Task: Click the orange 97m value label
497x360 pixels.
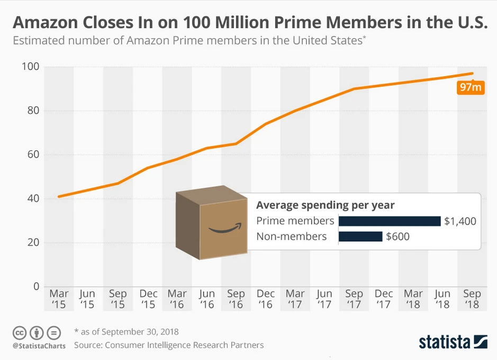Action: click(x=470, y=87)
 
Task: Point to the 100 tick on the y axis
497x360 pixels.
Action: click(x=32, y=67)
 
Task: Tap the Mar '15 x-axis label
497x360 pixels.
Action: click(x=58, y=299)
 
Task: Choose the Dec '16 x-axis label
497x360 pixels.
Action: click(x=266, y=299)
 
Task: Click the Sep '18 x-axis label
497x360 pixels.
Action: click(x=472, y=299)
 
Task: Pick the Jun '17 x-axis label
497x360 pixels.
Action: click(x=324, y=299)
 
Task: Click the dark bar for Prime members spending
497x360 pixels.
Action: click(x=390, y=221)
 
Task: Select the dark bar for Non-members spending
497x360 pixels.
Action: click(x=360, y=236)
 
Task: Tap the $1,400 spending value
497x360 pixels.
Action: click(x=460, y=221)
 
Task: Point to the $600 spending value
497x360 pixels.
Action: click(x=397, y=236)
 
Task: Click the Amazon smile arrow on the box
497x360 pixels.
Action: click(x=224, y=229)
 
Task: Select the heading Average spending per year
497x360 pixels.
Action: click(x=326, y=205)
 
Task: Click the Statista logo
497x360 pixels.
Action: click(x=453, y=341)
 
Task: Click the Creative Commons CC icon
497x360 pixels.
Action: click(x=20, y=334)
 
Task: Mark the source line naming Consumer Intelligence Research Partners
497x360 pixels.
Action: click(x=169, y=345)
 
